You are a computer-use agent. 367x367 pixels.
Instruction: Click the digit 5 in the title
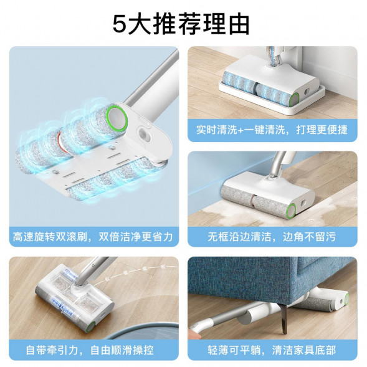120,23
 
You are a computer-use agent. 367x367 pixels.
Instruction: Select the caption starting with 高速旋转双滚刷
95,237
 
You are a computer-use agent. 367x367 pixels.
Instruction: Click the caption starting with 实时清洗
272,131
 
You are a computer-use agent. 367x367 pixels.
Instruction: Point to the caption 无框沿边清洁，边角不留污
272,237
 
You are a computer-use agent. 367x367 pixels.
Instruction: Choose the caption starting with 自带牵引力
95,350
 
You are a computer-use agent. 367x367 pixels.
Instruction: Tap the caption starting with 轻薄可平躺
272,350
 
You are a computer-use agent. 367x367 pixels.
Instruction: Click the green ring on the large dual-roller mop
117,117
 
